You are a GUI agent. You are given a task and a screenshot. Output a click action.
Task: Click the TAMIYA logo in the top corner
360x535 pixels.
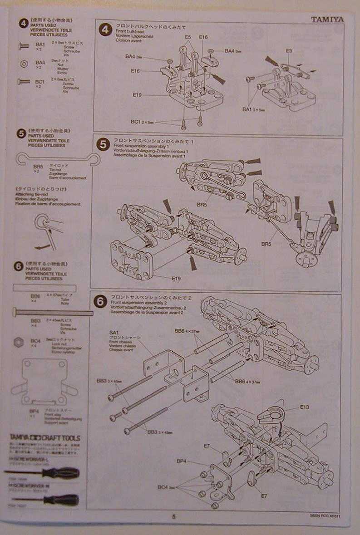(327, 20)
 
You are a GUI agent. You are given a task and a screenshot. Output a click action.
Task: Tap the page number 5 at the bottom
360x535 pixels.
(173, 516)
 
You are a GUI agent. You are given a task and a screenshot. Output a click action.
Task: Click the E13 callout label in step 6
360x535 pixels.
(304, 407)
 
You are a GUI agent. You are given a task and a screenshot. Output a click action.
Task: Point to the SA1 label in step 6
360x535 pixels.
(114, 333)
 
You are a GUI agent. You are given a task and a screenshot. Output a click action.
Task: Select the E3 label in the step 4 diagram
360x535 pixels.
(289, 51)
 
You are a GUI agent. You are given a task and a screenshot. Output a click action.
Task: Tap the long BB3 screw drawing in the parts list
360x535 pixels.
(53, 312)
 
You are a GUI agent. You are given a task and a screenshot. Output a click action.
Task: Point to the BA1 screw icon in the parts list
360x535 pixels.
(24, 45)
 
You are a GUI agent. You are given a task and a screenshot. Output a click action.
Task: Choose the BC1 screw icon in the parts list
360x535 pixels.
(24, 81)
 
